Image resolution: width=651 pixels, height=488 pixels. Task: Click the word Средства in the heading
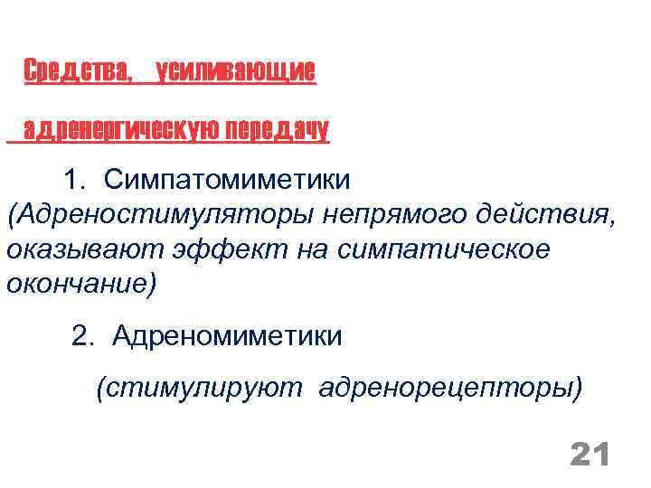click(77, 70)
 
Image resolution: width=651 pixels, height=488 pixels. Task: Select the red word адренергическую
click(118, 130)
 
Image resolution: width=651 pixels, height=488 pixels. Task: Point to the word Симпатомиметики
click(225, 180)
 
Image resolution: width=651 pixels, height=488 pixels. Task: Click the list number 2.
click(82, 336)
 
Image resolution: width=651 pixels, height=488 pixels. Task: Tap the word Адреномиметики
click(227, 336)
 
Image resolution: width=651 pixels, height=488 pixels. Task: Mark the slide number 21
click(590, 455)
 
